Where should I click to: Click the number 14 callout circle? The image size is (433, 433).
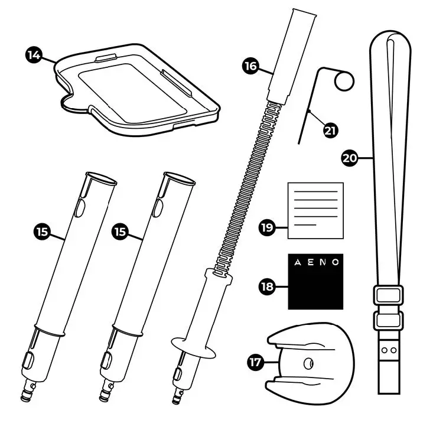[x=34, y=57]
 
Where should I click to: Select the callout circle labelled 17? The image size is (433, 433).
[x=255, y=362]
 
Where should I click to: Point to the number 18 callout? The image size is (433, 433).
[x=268, y=287]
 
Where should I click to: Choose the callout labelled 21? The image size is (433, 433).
[x=331, y=129]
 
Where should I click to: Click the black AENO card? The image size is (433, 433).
[x=315, y=282]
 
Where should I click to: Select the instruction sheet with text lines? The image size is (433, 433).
[x=315, y=210]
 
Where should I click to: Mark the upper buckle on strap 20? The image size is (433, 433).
[x=388, y=294]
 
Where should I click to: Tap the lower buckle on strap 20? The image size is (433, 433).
[x=388, y=321]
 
